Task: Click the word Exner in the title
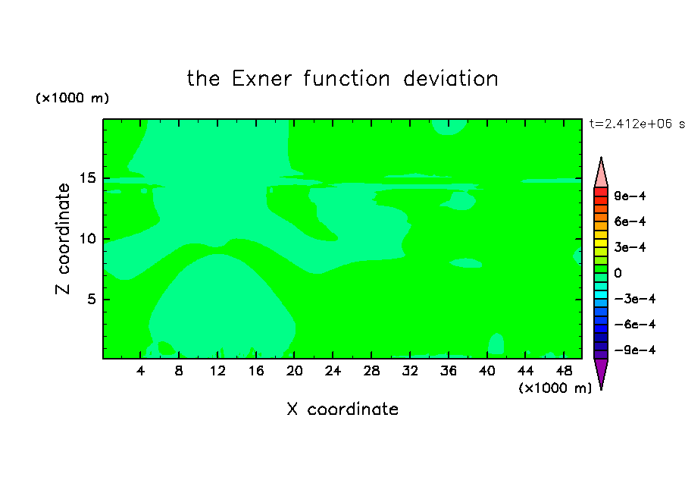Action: (261, 79)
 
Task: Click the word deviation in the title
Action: (451, 79)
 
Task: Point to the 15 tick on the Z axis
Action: (87, 178)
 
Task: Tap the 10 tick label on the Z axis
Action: (87, 239)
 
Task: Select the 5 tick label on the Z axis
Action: (92, 299)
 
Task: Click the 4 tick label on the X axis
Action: (140, 371)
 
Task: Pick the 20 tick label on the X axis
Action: (295, 371)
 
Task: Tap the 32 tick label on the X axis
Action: (410, 371)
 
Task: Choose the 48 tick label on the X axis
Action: (564, 371)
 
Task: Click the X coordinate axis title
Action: (343, 410)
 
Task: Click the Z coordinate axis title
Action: (63, 239)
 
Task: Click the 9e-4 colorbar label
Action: (630, 196)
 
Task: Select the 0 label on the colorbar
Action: (618, 273)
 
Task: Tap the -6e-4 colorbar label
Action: (635, 325)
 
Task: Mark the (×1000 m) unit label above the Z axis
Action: (72, 98)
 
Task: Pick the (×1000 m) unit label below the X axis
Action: (555, 388)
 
